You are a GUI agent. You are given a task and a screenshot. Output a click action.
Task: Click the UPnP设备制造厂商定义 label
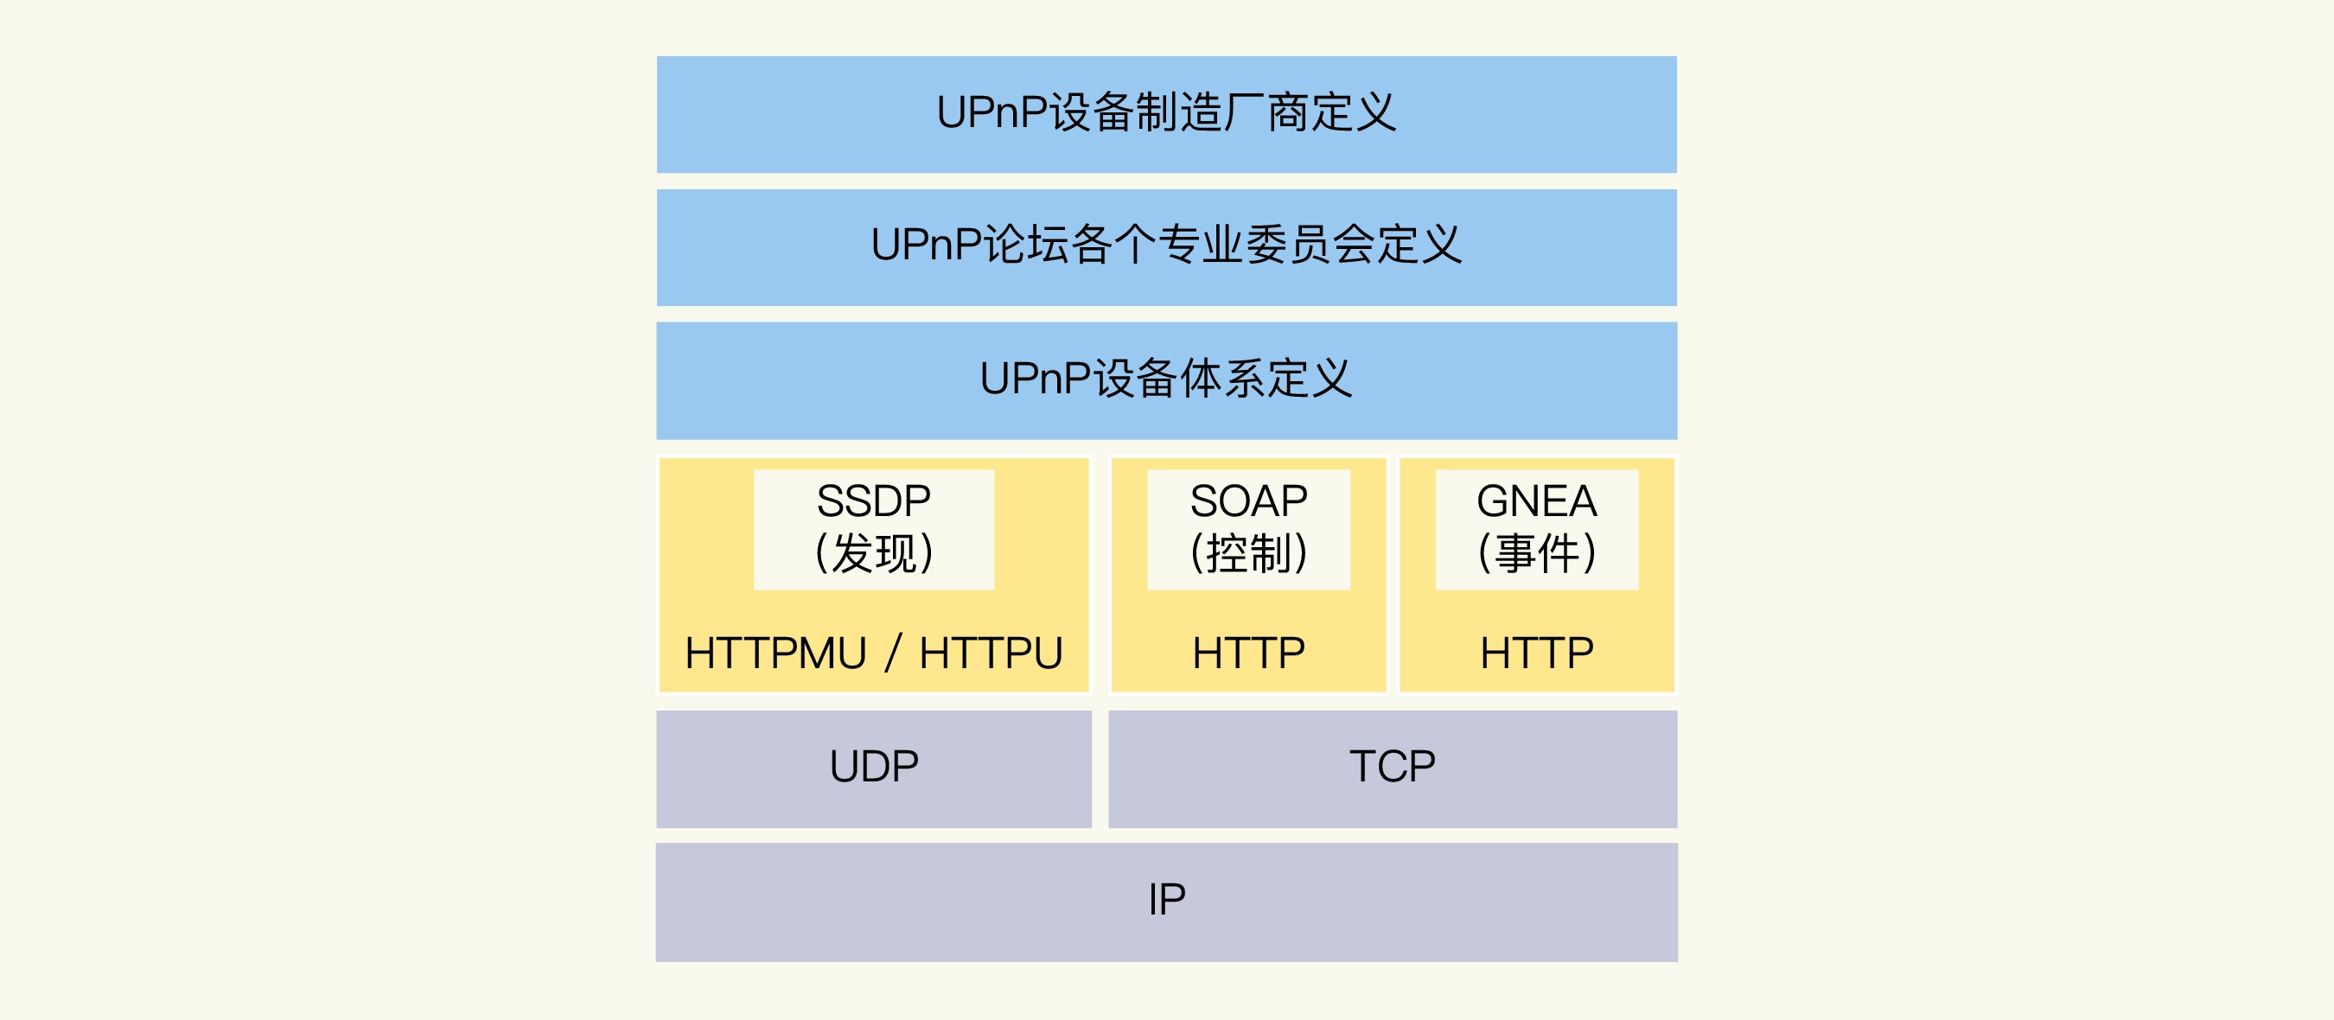point(1166,113)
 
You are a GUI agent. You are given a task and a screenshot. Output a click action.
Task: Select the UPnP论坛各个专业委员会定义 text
point(1166,245)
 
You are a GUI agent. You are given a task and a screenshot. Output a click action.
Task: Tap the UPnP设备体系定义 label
point(1166,379)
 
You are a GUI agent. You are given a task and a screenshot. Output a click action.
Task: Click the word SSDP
point(873,501)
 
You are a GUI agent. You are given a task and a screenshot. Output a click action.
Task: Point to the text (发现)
point(873,553)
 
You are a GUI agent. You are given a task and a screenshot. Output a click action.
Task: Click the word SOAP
point(1248,501)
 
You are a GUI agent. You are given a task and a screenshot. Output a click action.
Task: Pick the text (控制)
point(1248,553)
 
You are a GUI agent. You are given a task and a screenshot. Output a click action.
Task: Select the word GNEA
point(1537,501)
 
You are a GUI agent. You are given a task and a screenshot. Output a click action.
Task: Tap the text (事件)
point(1537,553)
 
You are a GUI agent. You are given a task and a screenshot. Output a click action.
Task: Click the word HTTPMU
point(775,653)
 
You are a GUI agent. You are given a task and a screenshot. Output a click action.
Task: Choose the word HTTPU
point(991,653)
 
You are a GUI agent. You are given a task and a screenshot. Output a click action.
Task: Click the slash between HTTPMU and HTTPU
point(893,653)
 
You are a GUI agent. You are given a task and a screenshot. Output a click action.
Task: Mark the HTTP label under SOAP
point(1248,653)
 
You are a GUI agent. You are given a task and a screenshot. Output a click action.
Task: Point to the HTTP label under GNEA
point(1537,653)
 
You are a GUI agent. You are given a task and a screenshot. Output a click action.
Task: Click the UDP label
point(873,767)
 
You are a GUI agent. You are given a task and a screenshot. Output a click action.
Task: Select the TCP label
point(1393,767)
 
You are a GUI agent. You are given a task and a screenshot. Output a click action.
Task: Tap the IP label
point(1166,900)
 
